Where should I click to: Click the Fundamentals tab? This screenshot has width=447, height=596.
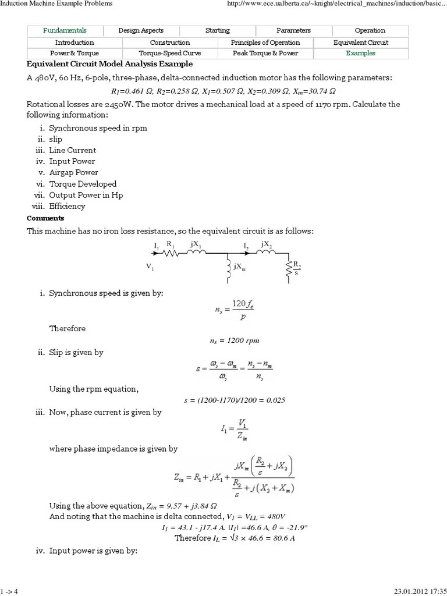(65, 30)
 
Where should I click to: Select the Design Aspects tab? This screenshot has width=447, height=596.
(141, 30)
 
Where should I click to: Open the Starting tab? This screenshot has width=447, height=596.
(218, 30)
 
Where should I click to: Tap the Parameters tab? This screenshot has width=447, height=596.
(293, 30)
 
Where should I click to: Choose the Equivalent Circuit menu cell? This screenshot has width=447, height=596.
(361, 42)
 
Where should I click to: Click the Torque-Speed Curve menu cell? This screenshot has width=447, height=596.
(169, 53)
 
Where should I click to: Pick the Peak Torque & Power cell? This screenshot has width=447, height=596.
(265, 53)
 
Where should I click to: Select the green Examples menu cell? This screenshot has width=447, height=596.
(361, 53)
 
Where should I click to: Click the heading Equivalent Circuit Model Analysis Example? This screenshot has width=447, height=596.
(110, 64)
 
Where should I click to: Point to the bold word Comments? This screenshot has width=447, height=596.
(45, 218)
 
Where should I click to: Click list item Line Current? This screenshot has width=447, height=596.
(73, 150)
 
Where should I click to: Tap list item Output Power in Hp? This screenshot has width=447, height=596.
(86, 195)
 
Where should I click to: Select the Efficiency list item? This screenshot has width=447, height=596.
(67, 206)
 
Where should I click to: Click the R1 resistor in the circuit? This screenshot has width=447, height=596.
(171, 253)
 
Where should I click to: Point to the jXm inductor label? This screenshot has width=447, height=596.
(239, 267)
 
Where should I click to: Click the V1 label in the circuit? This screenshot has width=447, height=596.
(150, 267)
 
